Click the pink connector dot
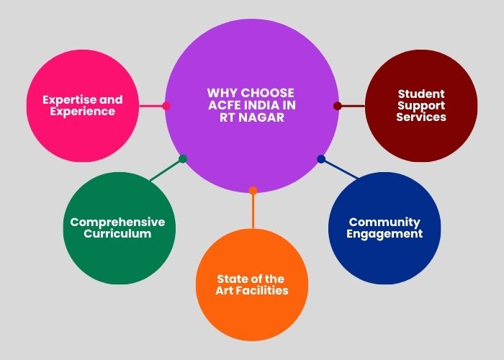(x=166, y=106)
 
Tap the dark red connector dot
(x=338, y=106)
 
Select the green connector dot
(x=183, y=159)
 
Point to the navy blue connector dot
(x=321, y=159)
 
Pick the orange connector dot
(x=253, y=191)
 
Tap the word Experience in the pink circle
(x=83, y=111)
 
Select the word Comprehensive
(x=117, y=222)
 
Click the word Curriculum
(x=117, y=233)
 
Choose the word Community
(x=384, y=222)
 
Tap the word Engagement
(x=384, y=234)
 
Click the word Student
(x=421, y=94)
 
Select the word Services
(x=421, y=117)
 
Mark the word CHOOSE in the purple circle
(x=267, y=93)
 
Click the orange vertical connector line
(x=253, y=210)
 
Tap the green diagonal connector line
(x=166, y=170)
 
